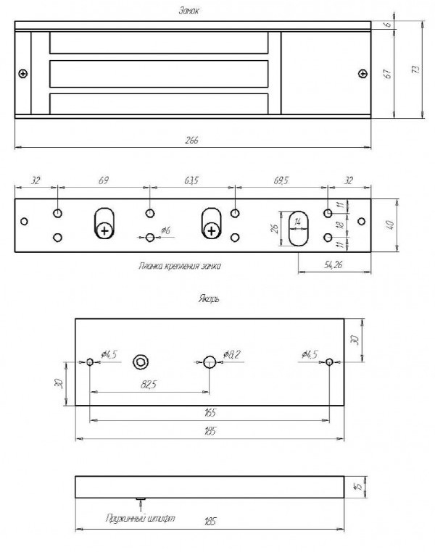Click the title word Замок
point(189,11)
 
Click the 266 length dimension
point(192,140)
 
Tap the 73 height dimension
point(416,70)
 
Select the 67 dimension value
point(387,74)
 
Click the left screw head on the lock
point(23,74)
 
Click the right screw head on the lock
point(362,74)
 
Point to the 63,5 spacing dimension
point(191,180)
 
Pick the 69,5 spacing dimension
point(281,180)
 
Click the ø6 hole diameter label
point(165,230)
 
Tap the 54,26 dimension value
point(333,264)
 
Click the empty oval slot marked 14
point(298,228)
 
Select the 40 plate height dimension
point(391,225)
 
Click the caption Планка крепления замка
point(180,266)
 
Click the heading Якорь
point(209,299)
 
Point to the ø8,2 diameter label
point(232,354)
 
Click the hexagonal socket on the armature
point(141,362)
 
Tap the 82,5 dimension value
point(149,385)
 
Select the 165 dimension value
point(210,412)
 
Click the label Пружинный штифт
point(140,518)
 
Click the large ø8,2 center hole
point(210,362)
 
